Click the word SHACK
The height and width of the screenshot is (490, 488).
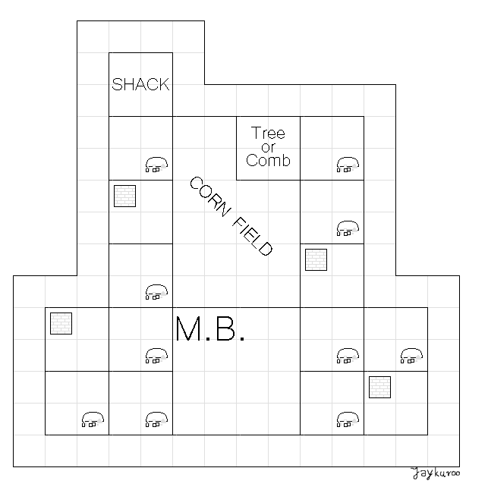pyautogui.click(x=140, y=84)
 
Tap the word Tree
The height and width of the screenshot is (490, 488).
pyautogui.click(x=268, y=134)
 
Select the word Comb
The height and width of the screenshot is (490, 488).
pyautogui.click(x=268, y=160)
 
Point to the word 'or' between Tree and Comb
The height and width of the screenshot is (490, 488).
pyautogui.click(x=268, y=147)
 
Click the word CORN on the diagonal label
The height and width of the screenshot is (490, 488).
pyautogui.click(x=208, y=198)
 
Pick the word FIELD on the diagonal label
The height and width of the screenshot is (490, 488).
pyautogui.click(x=250, y=236)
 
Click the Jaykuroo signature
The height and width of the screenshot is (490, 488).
pyautogui.click(x=436, y=475)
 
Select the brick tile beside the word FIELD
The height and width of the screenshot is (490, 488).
pyautogui.click(x=315, y=259)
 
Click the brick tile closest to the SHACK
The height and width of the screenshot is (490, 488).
pyautogui.click(x=124, y=196)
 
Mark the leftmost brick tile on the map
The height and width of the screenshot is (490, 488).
pyautogui.click(x=61, y=323)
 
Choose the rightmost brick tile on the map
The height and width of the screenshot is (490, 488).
pyautogui.click(x=379, y=387)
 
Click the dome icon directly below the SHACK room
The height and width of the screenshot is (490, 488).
pyautogui.click(x=156, y=165)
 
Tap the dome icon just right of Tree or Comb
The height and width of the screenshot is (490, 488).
pyautogui.click(x=347, y=165)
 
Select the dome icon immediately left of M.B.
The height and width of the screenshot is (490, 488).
pyautogui.click(x=156, y=355)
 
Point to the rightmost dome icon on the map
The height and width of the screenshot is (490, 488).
pyautogui.click(x=411, y=355)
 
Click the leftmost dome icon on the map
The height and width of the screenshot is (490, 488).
pyautogui.click(x=92, y=418)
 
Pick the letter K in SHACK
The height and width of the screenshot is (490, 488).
pyautogui.click(x=163, y=84)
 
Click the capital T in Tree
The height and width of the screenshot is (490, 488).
pyautogui.click(x=256, y=134)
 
